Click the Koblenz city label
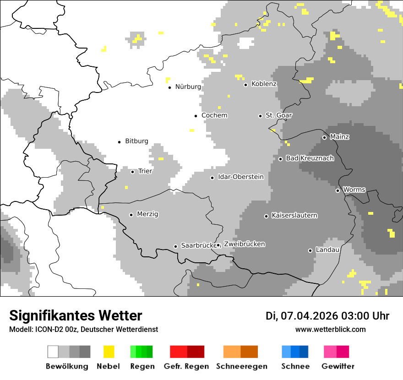coord(264,84)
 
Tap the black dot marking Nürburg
coord(169,87)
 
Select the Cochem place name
coord(214,115)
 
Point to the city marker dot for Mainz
coord(324,137)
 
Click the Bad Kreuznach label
coord(310,158)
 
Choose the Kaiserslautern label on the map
coord(294,216)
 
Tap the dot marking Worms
coord(338,190)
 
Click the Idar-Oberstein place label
coord(241,177)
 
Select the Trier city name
coord(145,171)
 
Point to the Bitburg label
coord(136,141)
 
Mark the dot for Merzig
coord(131,215)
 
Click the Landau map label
coord(327,250)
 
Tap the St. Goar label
coord(279,115)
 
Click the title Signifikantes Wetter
coord(76,315)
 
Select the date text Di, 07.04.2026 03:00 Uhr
coord(327,316)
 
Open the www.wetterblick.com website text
coord(331,329)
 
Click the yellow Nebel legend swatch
coord(109,352)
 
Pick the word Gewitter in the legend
coord(338,366)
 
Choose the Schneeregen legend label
coord(242,366)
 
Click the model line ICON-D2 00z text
coord(83,329)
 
